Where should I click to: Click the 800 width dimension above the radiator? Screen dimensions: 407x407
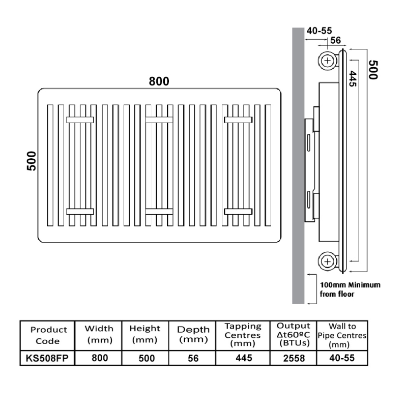tap(159, 81)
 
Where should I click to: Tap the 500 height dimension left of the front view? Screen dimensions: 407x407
tap(32, 161)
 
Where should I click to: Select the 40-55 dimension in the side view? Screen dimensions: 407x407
tap(319, 31)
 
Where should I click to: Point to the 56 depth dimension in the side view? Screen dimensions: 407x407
tap(335, 40)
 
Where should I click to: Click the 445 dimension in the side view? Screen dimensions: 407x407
tap(353, 78)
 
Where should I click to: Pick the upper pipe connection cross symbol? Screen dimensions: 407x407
tap(328, 61)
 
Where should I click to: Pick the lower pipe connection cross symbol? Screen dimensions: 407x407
tap(328, 261)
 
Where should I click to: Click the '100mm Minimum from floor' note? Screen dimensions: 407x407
tap(350, 289)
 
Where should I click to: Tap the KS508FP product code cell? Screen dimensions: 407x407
tap(47, 358)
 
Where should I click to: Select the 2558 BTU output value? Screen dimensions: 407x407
tap(294, 359)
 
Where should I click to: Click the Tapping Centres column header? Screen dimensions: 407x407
tap(243, 335)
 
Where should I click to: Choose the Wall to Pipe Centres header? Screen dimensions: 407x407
tap(342, 335)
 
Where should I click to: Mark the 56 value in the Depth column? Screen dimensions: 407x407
tap(193, 359)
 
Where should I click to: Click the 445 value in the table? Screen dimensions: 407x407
tap(244, 358)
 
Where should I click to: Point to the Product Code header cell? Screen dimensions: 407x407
tap(48, 335)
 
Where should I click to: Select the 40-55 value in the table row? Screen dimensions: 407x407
tap(342, 358)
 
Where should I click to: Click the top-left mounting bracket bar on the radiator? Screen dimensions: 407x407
tap(80, 120)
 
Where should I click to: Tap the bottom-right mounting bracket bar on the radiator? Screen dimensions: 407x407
tap(238, 212)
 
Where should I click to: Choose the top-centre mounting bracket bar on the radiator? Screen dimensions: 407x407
tap(159, 120)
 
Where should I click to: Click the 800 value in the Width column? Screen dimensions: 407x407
tap(100, 358)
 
